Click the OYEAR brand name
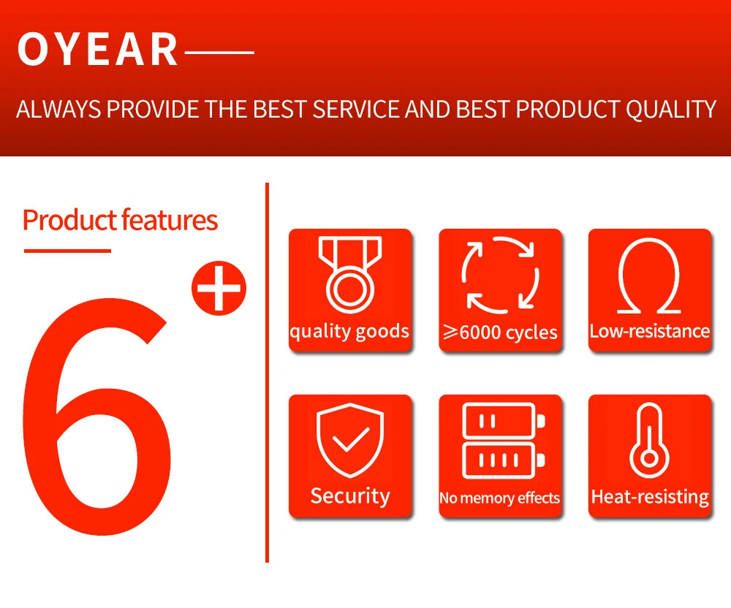tap(97, 49)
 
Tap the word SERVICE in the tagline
tap(356, 110)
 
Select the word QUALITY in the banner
tap(671, 110)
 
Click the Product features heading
tap(121, 221)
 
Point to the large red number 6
tap(97, 416)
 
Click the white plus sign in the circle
tap(219, 288)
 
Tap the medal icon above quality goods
tap(350, 275)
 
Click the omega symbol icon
tap(649, 275)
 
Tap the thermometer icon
tap(649, 440)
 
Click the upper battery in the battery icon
tap(504, 421)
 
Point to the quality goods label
tap(349, 332)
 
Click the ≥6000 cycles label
tap(500, 332)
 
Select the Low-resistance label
tap(649, 331)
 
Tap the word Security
tap(350, 496)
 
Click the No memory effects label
tap(499, 498)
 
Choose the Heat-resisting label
tap(650, 497)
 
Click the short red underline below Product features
tap(67, 251)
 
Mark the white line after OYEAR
tap(219, 53)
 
